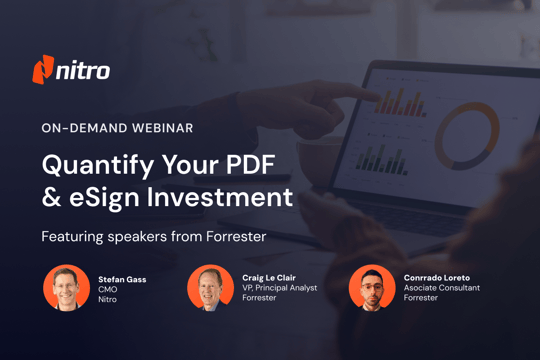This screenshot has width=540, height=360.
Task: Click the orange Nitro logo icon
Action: click(44, 70)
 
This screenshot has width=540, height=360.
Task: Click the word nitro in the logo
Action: click(84, 71)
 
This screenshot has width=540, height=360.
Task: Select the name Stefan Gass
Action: click(123, 279)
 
